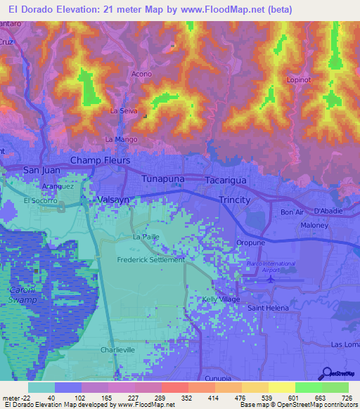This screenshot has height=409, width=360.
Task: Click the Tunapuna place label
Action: click(x=163, y=179)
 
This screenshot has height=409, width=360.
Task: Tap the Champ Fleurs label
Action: click(x=100, y=161)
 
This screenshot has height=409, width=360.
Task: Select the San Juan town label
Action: click(x=42, y=170)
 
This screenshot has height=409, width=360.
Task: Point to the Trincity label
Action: click(x=234, y=200)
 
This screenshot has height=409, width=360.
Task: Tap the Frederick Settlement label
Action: click(x=150, y=259)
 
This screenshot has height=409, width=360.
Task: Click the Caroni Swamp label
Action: click(x=22, y=295)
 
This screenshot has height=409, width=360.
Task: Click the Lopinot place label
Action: click(x=299, y=80)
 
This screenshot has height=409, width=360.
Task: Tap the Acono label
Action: click(x=141, y=74)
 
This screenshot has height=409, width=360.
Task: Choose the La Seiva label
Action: click(x=124, y=111)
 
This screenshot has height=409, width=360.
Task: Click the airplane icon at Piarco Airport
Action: click(x=271, y=280)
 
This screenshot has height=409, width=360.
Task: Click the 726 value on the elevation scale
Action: click(x=346, y=397)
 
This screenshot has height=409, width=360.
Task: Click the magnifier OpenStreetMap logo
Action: click(x=326, y=373)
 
